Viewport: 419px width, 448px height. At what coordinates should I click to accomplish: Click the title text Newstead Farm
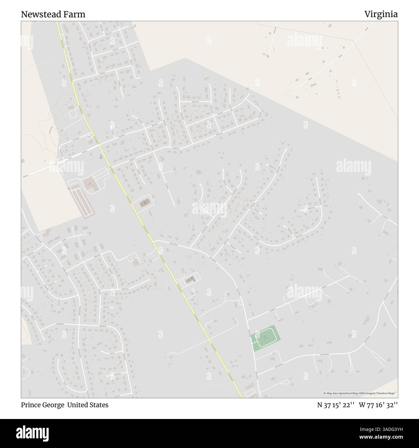(53, 14)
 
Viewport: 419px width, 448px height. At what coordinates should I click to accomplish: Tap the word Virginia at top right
(381, 14)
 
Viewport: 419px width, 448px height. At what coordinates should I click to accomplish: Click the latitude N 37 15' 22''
(336, 405)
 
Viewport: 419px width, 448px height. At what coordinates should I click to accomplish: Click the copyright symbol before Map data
(325, 393)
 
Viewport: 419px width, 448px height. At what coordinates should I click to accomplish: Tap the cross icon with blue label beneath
(101, 156)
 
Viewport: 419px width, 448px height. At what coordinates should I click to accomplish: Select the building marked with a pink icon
(90, 184)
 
